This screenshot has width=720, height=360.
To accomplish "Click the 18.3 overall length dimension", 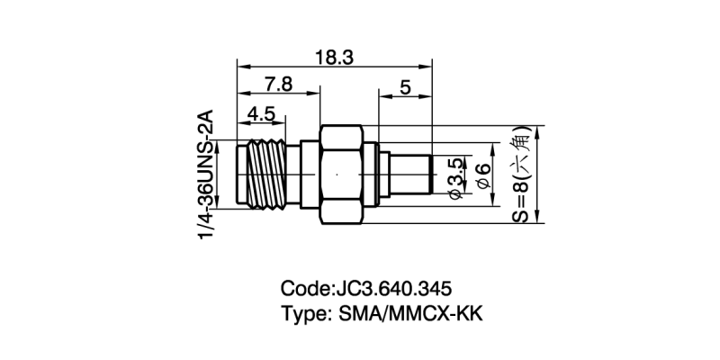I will pyautogui.click(x=334, y=56).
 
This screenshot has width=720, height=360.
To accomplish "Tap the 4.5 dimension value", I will pyautogui.click(x=262, y=113).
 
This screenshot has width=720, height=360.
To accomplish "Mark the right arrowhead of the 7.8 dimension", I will pyautogui.click(x=316, y=93).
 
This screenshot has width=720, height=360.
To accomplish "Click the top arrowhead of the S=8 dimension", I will pyautogui.click(x=537, y=129).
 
